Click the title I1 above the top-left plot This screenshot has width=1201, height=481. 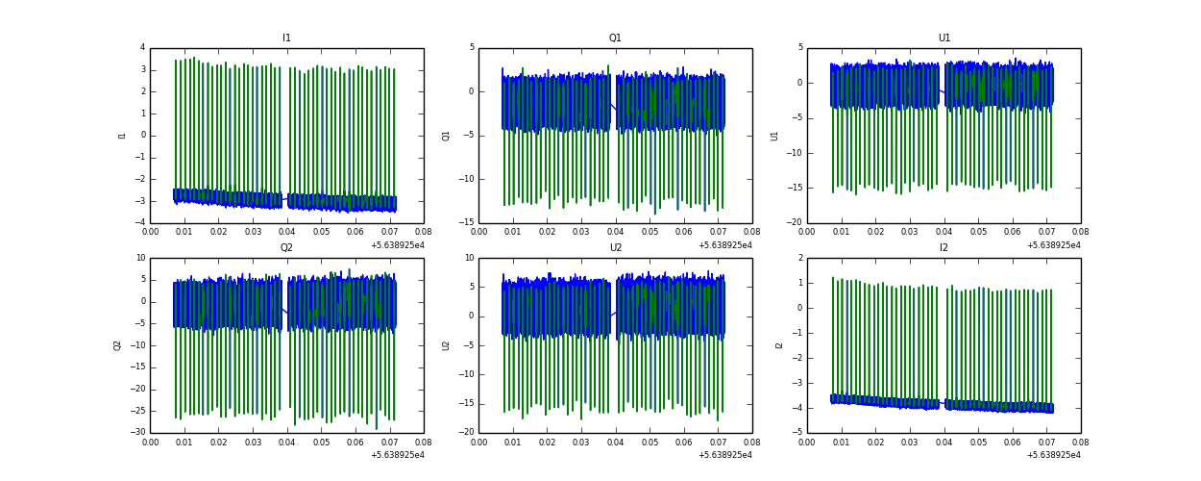coord(286,38)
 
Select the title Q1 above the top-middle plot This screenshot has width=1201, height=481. coord(615,38)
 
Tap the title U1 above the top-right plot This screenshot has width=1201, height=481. coord(944,38)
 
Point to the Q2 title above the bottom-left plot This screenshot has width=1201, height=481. coord(286,248)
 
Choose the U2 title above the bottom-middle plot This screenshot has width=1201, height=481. coord(615,248)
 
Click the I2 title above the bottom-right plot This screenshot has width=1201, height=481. coord(944,248)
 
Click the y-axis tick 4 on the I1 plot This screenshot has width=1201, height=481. coord(142,48)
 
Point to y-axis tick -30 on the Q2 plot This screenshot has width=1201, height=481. coord(138,433)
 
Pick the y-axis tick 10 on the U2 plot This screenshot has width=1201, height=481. coord(469,258)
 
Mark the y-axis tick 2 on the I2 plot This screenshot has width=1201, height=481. coord(799,258)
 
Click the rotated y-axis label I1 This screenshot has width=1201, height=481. coord(122,136)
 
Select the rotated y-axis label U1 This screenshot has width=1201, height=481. coord(774,136)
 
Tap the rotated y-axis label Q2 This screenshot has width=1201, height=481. coord(117,345)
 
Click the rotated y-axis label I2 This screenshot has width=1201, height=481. coord(779,345)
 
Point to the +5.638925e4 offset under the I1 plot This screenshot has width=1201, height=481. coord(397,245)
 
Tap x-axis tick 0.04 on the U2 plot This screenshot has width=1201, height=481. coord(616,443)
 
